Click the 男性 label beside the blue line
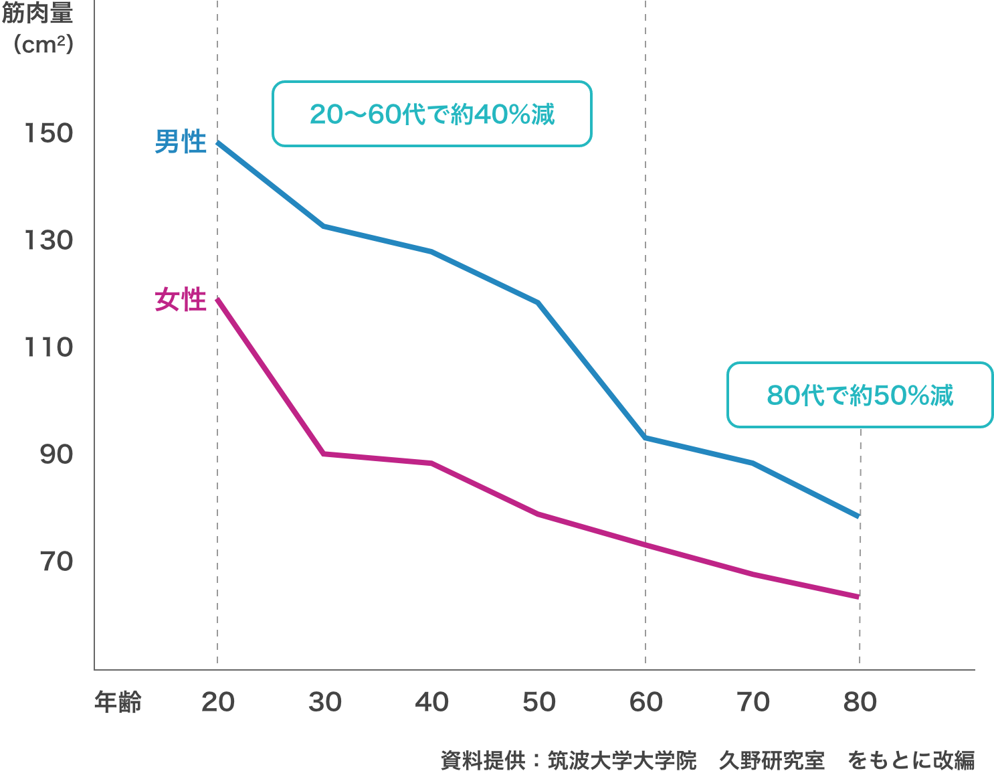181,142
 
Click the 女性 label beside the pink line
181,300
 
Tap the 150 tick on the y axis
49,133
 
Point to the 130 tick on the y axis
49,240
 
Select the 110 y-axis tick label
49,347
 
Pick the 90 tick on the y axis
56,454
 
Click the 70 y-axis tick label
56,562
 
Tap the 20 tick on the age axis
218,702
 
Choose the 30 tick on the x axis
325,702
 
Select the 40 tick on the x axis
432,702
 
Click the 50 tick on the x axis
539,702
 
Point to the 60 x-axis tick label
646,702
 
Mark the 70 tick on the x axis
753,702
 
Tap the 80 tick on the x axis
860,702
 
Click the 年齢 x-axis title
118,702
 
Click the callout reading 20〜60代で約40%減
432,114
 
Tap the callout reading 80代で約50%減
860,395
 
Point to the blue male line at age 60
645,438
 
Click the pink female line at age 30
324,454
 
